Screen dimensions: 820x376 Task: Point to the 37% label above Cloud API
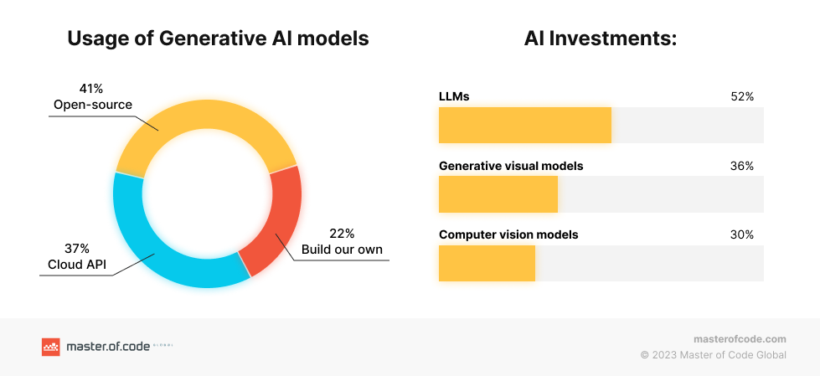click(x=76, y=249)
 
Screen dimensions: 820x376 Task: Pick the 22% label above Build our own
click(x=342, y=234)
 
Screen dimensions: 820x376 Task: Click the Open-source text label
click(x=93, y=106)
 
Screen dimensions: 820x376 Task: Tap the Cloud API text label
click(x=77, y=265)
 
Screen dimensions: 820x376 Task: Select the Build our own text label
click(x=342, y=250)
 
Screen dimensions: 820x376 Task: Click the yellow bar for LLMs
click(x=525, y=125)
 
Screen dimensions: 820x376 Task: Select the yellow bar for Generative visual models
click(x=498, y=194)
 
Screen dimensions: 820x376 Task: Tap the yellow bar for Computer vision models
click(x=487, y=264)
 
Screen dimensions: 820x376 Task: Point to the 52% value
click(x=742, y=97)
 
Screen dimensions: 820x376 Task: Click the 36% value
click(x=742, y=167)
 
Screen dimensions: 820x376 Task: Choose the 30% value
click(x=742, y=235)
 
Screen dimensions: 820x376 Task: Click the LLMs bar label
click(x=454, y=97)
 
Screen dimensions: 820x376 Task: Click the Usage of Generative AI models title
click(x=218, y=39)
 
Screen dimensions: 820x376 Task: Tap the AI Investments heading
click(x=601, y=39)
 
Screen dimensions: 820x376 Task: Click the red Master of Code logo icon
click(x=51, y=347)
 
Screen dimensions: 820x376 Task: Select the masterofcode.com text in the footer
click(x=740, y=339)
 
